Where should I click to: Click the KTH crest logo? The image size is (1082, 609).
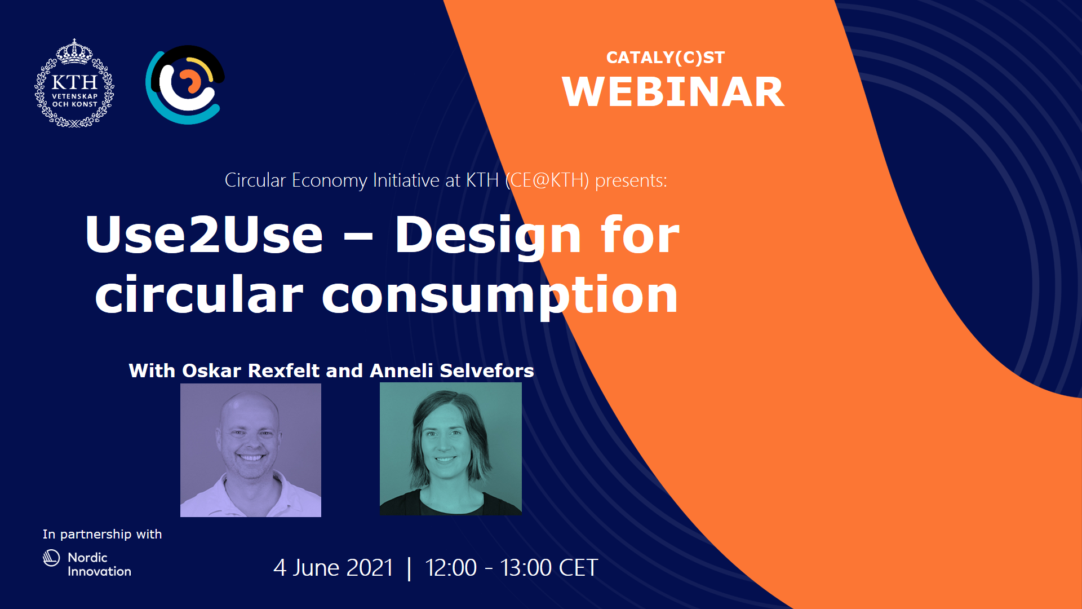click(x=74, y=83)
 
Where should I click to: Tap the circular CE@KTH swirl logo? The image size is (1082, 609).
click(x=185, y=85)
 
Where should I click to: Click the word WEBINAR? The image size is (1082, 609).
click(x=673, y=92)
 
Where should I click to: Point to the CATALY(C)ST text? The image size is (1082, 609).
click(x=665, y=58)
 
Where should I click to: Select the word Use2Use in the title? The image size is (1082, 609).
click(x=204, y=235)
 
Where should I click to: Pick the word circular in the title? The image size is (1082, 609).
click(x=199, y=294)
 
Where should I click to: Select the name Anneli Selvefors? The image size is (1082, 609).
click(x=452, y=370)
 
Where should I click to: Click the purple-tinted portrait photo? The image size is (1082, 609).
click(x=251, y=450)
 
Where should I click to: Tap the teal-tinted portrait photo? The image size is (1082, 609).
click(x=451, y=449)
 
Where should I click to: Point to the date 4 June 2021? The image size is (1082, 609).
click(x=333, y=568)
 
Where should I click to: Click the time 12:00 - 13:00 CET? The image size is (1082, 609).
click(x=511, y=568)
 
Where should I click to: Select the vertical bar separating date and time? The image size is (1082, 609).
click(x=409, y=568)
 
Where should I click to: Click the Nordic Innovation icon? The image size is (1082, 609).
click(x=51, y=558)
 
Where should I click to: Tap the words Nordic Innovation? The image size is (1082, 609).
click(x=99, y=564)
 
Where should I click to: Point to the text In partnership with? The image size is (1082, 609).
click(x=102, y=534)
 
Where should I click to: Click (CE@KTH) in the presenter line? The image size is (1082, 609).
click(x=547, y=180)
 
